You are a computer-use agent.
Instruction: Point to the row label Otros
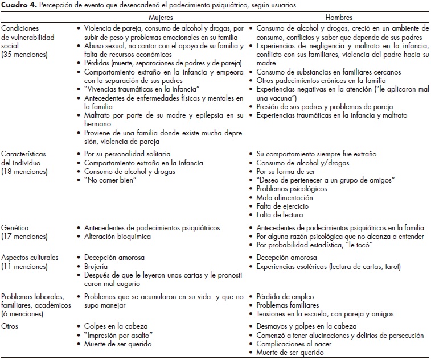pos(12,326)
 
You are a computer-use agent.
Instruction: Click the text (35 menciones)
pos(25,55)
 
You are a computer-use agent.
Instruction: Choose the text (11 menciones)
pos(25,266)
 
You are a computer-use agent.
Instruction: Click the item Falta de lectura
pos(282,215)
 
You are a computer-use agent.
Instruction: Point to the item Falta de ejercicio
pos(285,206)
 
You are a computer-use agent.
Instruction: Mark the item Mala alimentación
pos(285,197)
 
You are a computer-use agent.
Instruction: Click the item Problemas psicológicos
pos(292,189)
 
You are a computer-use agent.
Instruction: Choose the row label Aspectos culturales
pos(30,257)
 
